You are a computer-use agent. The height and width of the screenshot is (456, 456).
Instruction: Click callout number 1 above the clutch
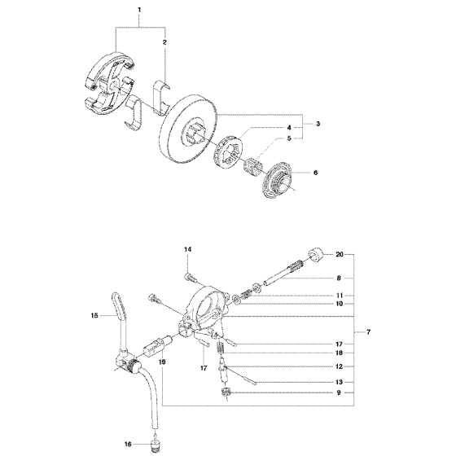pos(139,10)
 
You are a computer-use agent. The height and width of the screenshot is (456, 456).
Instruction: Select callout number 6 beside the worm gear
pos(316,173)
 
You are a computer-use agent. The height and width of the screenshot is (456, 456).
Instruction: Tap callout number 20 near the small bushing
pos(340,254)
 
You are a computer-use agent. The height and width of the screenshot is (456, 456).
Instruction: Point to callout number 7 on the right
pos(368,332)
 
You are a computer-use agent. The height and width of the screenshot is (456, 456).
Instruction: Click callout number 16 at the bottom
pos(128,444)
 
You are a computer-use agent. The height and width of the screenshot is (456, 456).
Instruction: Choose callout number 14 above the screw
pos(188,249)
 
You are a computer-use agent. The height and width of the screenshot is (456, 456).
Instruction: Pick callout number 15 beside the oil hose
pos(94,315)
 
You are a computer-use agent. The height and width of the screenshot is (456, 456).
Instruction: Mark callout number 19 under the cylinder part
pos(162,362)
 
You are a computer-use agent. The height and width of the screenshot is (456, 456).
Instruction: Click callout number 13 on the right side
pos(339,382)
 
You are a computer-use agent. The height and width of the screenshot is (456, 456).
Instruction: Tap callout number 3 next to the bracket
pos(318,124)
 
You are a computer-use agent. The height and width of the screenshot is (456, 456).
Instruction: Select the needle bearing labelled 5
pos(253,166)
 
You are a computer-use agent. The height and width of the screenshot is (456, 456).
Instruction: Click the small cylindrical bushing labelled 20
pos(316,254)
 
